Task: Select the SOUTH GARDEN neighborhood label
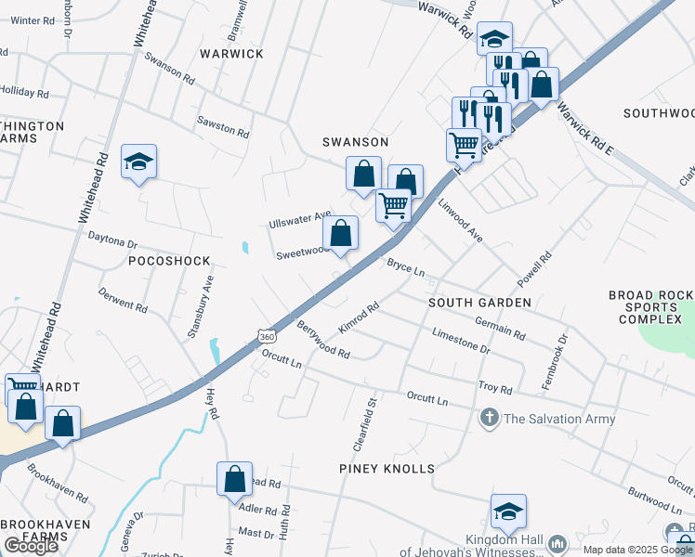pyautogui.click(x=479, y=303)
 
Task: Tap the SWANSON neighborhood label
pyautogui.click(x=355, y=142)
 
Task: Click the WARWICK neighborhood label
pyautogui.click(x=229, y=54)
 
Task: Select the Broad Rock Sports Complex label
pyautogui.click(x=651, y=307)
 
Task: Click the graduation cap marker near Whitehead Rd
pyautogui.click(x=139, y=162)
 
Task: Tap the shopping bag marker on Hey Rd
pyautogui.click(x=235, y=479)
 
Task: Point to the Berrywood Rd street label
pyautogui.click(x=322, y=341)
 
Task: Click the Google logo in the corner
pyautogui.click(x=31, y=546)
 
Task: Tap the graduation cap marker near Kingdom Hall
pyautogui.click(x=508, y=512)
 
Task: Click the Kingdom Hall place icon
pyautogui.click(x=557, y=543)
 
